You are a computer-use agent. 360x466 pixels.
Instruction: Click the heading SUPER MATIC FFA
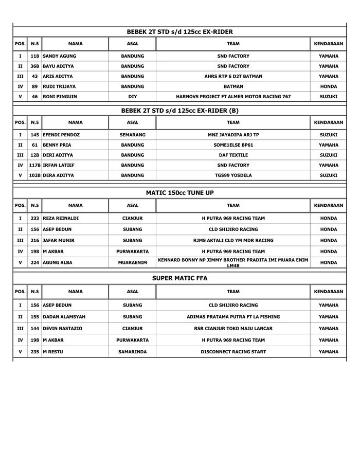point(179,278)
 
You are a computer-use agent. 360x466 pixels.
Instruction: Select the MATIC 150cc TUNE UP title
point(179,193)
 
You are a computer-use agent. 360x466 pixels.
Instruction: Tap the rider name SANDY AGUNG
point(60,56)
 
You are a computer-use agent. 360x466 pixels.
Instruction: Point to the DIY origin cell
point(132,96)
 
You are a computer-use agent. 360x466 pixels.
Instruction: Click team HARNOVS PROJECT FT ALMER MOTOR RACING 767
point(233,96)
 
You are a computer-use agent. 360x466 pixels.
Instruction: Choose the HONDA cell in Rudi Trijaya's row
point(328,86)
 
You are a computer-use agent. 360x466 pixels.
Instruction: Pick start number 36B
point(34,66)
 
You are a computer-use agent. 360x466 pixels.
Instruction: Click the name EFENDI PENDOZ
point(61,135)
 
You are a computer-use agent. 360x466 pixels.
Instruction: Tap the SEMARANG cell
point(132,135)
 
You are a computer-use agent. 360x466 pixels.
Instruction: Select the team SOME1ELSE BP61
point(233,145)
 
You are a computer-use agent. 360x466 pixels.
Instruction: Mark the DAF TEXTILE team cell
point(233,155)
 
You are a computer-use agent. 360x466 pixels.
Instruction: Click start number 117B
point(34,165)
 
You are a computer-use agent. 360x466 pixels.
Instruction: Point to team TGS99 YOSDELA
point(233,175)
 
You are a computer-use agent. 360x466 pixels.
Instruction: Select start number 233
point(34,219)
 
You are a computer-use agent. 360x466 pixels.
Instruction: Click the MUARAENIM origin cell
point(132,262)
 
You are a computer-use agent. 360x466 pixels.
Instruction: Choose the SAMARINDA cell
point(132,352)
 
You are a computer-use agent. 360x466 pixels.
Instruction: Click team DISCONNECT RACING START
point(233,352)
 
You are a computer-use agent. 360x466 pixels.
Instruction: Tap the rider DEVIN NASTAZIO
point(63,328)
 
